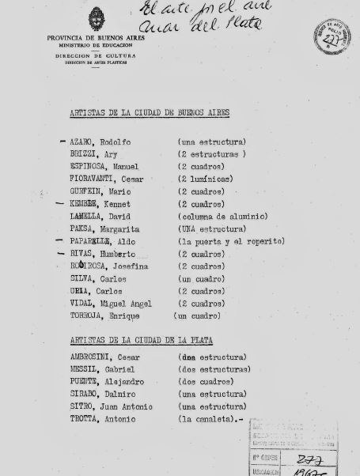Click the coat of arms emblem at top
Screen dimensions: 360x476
pos(96,20)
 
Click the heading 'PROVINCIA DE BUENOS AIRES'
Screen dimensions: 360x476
pos(96,37)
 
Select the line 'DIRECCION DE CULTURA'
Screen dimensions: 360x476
pos(96,55)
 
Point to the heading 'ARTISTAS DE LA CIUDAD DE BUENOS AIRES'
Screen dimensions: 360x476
pos(150,113)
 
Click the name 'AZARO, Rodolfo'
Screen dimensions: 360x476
pos(100,142)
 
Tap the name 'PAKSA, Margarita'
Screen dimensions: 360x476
pos(99,229)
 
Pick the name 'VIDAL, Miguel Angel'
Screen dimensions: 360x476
pos(106,304)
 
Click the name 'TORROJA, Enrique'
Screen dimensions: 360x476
pos(104,316)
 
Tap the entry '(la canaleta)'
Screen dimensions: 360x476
pos(210,419)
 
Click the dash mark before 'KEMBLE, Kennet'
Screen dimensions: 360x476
pos(60,203)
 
